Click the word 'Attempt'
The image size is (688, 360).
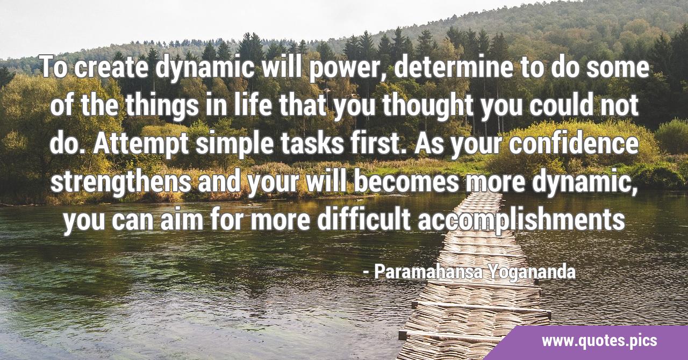point(141,145)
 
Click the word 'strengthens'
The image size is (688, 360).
point(121,183)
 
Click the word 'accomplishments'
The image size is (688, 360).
point(521,220)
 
